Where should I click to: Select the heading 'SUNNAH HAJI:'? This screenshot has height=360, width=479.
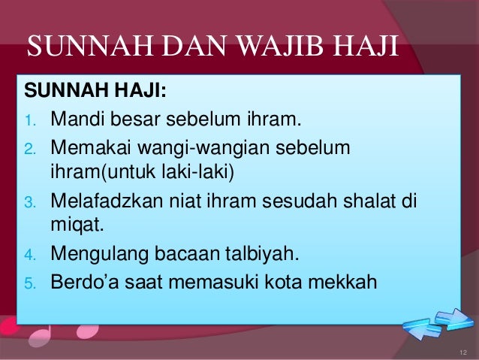97,94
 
